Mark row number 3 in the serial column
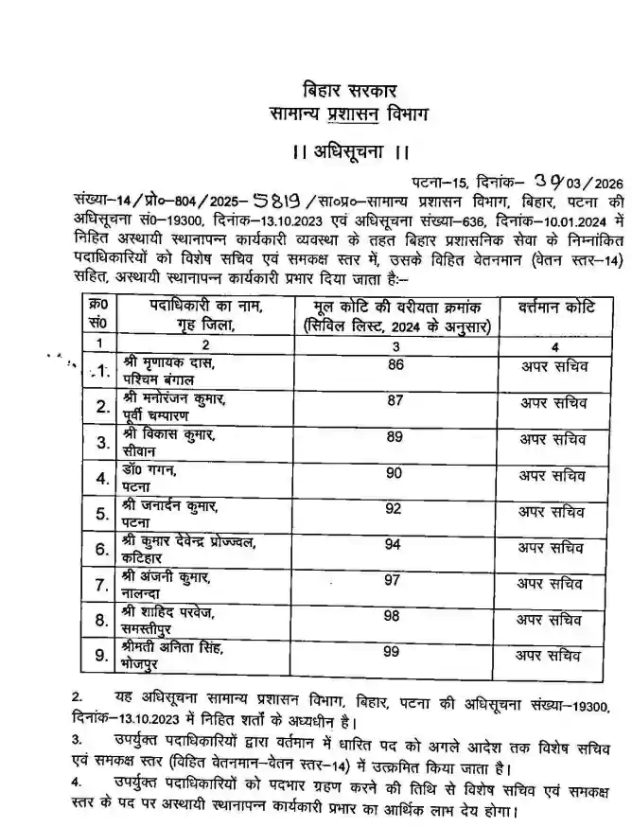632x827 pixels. tap(99, 442)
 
